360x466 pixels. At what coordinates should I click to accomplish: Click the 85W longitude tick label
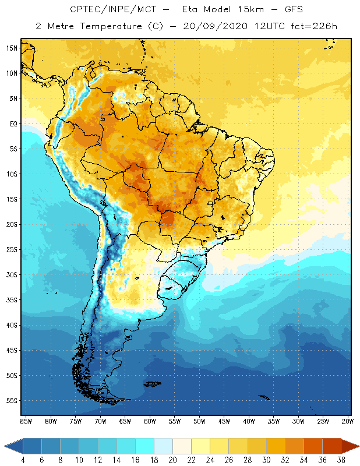[x=26, y=421]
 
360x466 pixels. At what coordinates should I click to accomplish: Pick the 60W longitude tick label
[x=150, y=421]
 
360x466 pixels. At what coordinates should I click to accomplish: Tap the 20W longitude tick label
[x=347, y=421]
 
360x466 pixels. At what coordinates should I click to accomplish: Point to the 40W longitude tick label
[x=249, y=421]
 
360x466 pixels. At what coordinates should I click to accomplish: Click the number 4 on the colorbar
[x=23, y=460]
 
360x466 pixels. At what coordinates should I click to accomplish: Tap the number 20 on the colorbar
[x=173, y=460]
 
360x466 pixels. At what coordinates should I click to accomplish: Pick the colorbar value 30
[x=266, y=460]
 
